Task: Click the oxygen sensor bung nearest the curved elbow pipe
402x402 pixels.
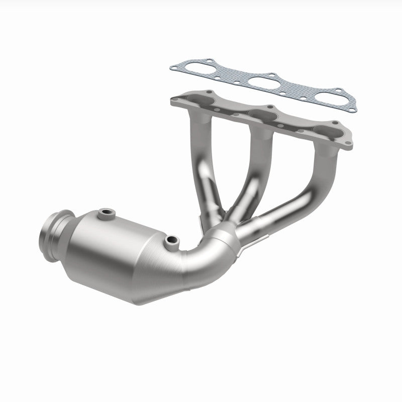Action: tap(172, 241)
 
